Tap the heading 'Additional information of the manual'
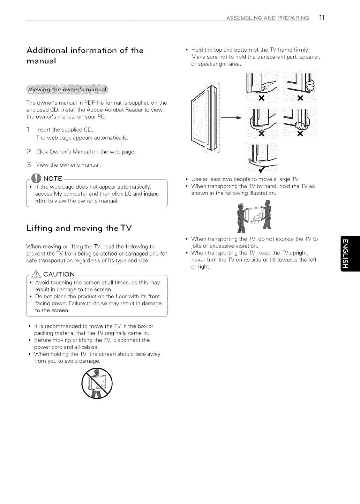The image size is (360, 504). (x=85, y=55)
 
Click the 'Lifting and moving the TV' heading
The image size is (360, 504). (x=79, y=228)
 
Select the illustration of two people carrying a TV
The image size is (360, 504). (x=254, y=216)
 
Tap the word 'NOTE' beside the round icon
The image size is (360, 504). (x=53, y=179)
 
